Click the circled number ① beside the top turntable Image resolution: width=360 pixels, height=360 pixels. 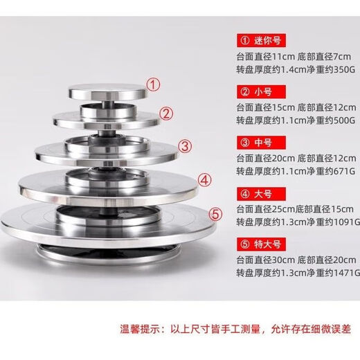(156, 86)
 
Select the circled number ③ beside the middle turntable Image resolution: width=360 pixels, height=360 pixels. (185, 146)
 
